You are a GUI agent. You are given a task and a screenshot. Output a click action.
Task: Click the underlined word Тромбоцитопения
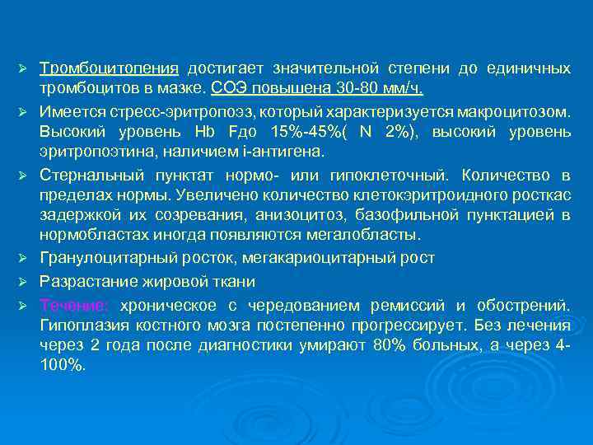coord(109,67)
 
